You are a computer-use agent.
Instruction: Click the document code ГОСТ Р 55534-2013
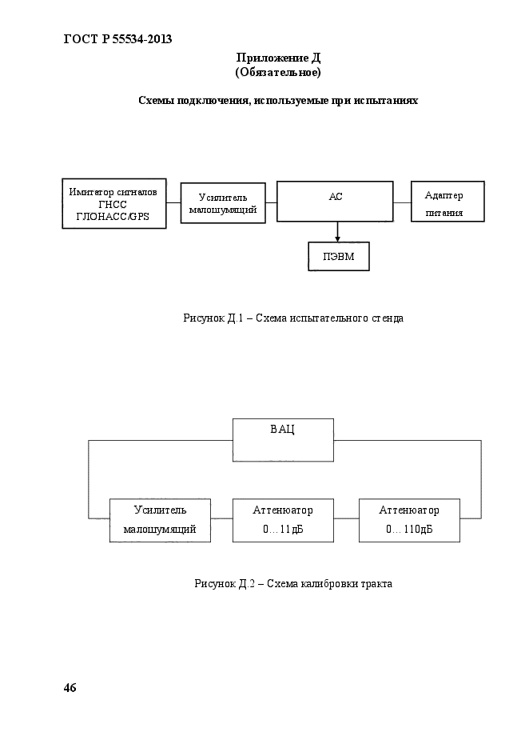pos(117,39)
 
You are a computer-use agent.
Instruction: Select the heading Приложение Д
pos(278,58)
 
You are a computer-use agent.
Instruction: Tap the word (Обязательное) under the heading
pos(278,73)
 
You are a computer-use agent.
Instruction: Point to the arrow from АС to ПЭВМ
pos(337,232)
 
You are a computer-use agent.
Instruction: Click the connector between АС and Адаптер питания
pos(402,202)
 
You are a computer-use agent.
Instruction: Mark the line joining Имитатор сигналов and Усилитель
pos(173,202)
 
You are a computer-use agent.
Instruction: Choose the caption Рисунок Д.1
pos(293,318)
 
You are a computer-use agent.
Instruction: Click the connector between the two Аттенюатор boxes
pos(347,518)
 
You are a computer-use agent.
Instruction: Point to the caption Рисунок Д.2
pos(293,584)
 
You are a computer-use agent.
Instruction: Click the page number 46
pos(70,688)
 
